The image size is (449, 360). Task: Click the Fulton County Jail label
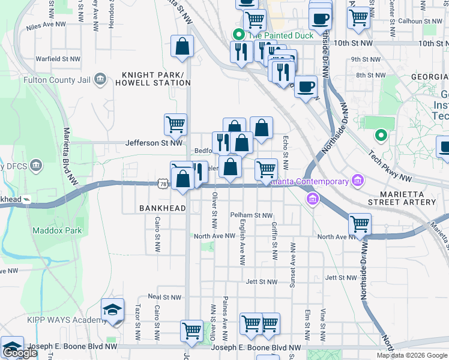[57, 79]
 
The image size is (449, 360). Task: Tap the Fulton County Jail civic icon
[100, 79]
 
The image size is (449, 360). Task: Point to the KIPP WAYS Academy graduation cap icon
[113, 310]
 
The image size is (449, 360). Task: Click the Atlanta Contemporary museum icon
[358, 181]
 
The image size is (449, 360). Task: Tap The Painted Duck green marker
[238, 35]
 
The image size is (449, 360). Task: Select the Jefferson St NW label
[154, 143]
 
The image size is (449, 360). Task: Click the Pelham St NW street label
[251, 215]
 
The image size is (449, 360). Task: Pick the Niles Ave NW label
[53, 26]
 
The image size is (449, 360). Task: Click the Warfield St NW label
[58, 59]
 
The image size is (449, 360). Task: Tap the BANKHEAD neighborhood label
[160, 208]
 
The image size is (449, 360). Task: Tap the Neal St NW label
[164, 297]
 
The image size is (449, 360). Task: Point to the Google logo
[19, 353]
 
